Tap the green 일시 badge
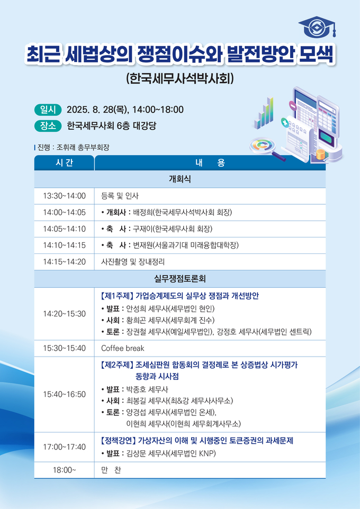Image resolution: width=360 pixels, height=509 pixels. (x=48, y=110)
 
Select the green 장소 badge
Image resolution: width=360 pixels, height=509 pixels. (x=48, y=125)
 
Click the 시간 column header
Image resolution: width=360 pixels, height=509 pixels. (x=65, y=162)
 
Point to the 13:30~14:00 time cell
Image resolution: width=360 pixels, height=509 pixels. (x=65, y=196)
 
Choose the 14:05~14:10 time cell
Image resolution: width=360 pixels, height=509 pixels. (x=65, y=229)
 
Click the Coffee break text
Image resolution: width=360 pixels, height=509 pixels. (x=123, y=348)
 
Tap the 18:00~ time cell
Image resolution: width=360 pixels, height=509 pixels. (x=65, y=470)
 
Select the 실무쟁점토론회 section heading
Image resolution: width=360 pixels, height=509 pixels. (x=179, y=278)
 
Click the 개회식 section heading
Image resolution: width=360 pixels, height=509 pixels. (x=179, y=179)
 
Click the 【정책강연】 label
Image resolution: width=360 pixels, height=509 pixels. (x=118, y=441)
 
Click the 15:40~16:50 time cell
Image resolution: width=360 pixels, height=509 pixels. (x=65, y=394)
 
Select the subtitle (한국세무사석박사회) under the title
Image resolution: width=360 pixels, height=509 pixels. (x=179, y=79)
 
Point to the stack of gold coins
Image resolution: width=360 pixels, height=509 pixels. (x=321, y=154)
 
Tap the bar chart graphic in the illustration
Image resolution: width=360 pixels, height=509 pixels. (x=264, y=113)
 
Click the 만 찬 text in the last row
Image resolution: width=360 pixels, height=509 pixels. (x=111, y=470)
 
